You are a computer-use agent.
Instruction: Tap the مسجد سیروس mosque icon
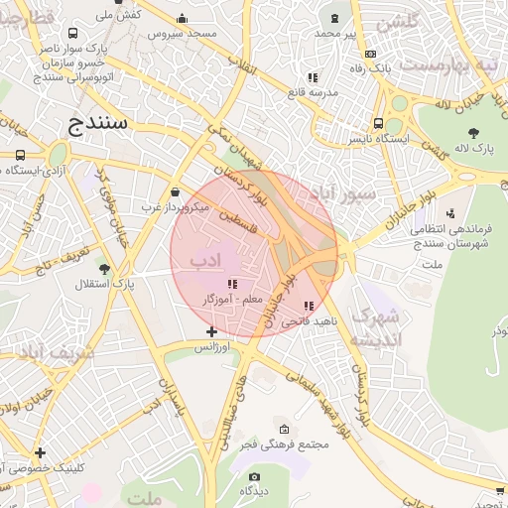(x=181, y=18)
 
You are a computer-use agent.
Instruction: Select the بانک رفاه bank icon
(x=370, y=55)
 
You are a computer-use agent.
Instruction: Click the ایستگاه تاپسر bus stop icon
(x=378, y=124)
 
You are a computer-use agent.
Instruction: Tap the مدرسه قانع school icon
(x=312, y=76)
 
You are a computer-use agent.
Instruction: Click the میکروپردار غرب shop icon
(x=176, y=192)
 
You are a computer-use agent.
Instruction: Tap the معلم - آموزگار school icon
(x=232, y=284)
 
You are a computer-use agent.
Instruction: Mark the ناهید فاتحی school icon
(x=309, y=306)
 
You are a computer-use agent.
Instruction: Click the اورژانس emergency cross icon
(x=210, y=331)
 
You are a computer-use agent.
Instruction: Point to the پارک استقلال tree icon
(x=104, y=269)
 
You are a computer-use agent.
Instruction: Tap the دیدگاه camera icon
(x=255, y=476)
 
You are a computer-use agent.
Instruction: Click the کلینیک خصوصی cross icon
(x=40, y=452)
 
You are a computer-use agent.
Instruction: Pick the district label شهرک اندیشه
(x=377, y=327)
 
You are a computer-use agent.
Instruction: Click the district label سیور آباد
(x=342, y=194)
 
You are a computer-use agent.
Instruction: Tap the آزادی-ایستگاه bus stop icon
(x=21, y=156)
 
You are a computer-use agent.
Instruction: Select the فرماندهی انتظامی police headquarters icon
(x=451, y=213)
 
